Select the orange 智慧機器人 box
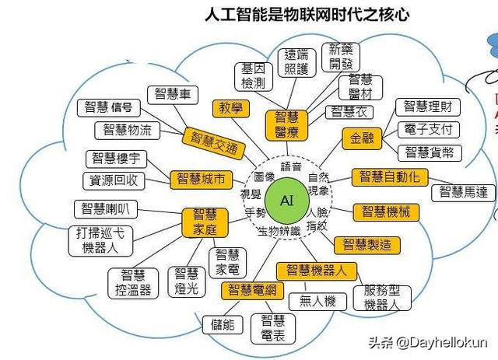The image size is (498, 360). (321, 271)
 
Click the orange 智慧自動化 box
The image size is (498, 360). (389, 177)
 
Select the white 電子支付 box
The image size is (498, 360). (428, 129)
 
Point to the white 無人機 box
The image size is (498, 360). (317, 301)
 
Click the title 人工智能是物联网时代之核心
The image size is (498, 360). (307, 14)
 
